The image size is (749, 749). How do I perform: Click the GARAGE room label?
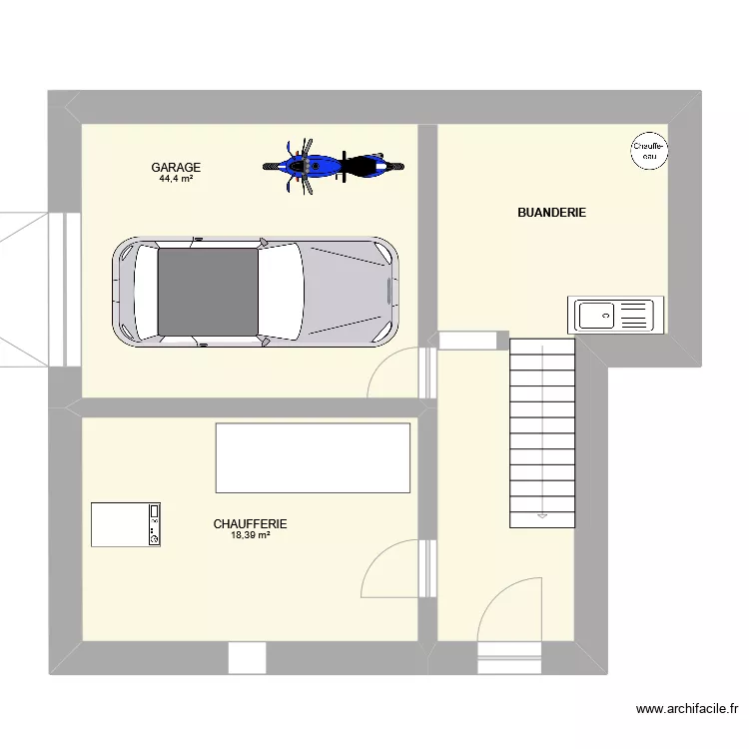tap(176, 168)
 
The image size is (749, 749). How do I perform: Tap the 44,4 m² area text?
tap(176, 180)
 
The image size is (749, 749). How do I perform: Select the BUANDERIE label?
tap(551, 213)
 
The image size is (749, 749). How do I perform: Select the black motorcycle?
tap(366, 166)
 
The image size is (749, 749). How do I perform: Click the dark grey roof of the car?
tap(208, 292)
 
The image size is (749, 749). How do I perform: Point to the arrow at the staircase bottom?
tap(542, 516)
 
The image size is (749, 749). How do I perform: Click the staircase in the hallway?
tap(542, 429)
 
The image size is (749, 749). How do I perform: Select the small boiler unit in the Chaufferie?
tap(126, 525)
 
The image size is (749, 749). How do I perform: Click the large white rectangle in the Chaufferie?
tap(313, 457)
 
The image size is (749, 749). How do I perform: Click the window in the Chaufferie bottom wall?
tap(247, 658)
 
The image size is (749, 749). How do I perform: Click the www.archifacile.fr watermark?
tap(686, 710)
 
